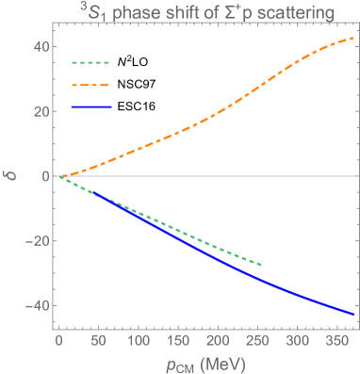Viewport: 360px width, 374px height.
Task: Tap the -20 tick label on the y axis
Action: (x=32, y=241)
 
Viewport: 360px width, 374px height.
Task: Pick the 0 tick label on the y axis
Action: (x=39, y=176)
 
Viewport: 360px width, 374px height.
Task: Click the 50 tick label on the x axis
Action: (x=99, y=341)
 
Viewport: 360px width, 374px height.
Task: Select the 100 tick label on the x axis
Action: (x=139, y=341)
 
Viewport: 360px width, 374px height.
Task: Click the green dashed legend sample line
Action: (x=91, y=63)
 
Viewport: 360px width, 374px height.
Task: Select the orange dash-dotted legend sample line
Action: (x=91, y=85)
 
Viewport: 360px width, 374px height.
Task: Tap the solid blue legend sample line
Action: (x=91, y=107)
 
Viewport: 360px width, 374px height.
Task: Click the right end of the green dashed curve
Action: (x=261, y=265)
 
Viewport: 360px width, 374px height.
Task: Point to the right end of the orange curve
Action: (x=353, y=39)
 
